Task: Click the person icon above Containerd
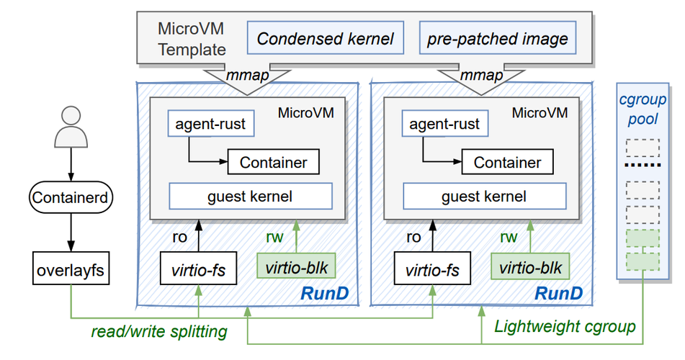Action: click(x=71, y=129)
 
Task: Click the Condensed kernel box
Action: click(x=325, y=38)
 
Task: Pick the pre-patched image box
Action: click(x=497, y=38)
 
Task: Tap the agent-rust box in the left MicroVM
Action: click(x=210, y=124)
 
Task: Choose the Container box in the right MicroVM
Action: click(x=506, y=162)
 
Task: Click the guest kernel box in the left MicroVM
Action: click(x=250, y=196)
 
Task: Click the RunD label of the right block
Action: click(x=558, y=294)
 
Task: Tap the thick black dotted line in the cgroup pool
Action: click(x=643, y=166)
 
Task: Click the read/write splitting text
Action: click(x=158, y=332)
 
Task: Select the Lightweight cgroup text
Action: click(x=565, y=327)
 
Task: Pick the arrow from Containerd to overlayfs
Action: click(x=71, y=230)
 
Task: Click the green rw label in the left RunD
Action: click(x=276, y=237)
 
